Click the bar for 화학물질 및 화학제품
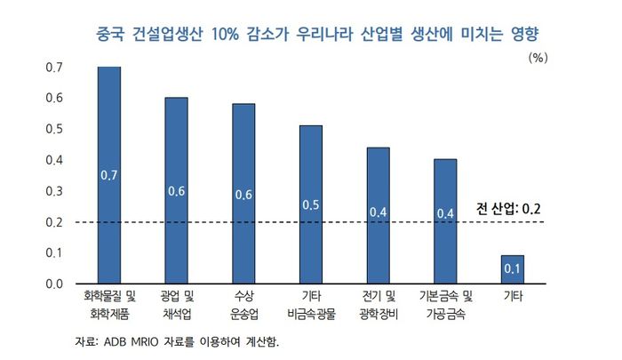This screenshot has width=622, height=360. [109, 175]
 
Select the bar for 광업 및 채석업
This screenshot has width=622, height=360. [176, 190]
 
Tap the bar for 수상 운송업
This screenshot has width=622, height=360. [243, 194]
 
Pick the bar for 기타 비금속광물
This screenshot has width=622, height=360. [311, 204]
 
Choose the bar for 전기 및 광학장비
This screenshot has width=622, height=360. [379, 215]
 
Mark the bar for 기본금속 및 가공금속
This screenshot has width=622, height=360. [445, 221]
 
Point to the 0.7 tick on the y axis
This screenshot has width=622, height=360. [54, 68]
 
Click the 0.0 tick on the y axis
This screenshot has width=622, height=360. [54, 284]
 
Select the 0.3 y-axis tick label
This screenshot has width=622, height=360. [54, 191]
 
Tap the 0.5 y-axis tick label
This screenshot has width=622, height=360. [54, 129]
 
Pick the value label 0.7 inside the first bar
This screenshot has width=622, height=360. [109, 175]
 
